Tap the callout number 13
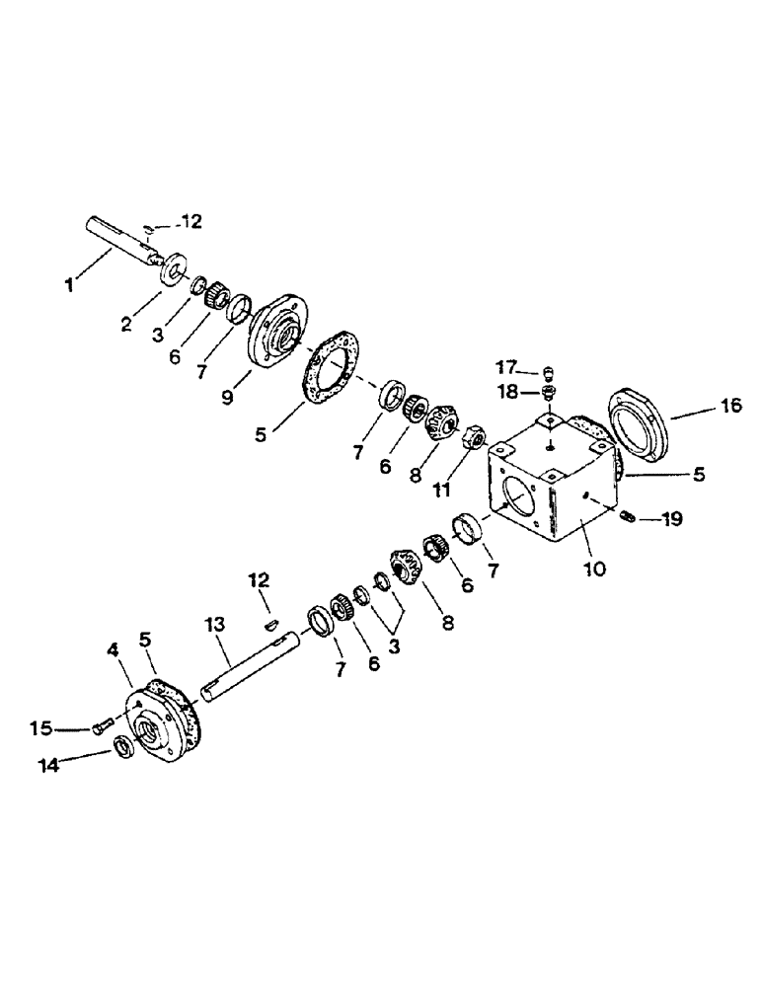(216, 624)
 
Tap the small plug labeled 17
(550, 373)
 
